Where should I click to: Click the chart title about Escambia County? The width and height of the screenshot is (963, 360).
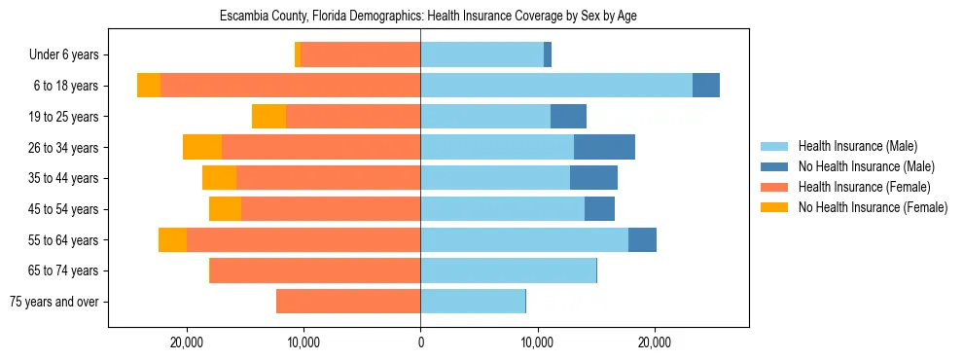(428, 17)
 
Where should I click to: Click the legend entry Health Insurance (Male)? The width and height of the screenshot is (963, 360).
(857, 146)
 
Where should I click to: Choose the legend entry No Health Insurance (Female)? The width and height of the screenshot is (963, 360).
(873, 207)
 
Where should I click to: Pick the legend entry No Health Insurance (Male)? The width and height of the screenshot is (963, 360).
(866, 166)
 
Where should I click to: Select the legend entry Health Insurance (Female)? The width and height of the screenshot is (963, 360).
(864, 187)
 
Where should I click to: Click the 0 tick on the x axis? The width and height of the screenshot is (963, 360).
(420, 342)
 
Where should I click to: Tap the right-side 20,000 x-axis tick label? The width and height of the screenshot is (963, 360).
(655, 342)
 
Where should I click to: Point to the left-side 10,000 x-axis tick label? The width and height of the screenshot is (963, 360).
(303, 342)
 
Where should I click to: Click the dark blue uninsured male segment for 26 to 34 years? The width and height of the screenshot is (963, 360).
(604, 147)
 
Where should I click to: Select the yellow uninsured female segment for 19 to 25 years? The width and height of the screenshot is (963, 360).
(268, 117)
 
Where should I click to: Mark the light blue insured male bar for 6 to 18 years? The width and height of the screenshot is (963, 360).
(556, 86)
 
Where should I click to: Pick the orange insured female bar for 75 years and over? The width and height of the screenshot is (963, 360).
(348, 302)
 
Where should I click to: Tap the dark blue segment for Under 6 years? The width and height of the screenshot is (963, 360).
(548, 54)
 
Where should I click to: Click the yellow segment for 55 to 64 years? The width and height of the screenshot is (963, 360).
(172, 239)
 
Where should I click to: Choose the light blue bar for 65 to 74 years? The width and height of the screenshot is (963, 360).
(508, 270)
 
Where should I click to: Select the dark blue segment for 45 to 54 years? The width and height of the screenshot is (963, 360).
(599, 209)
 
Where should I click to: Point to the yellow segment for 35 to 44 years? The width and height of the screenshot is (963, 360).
(219, 178)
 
